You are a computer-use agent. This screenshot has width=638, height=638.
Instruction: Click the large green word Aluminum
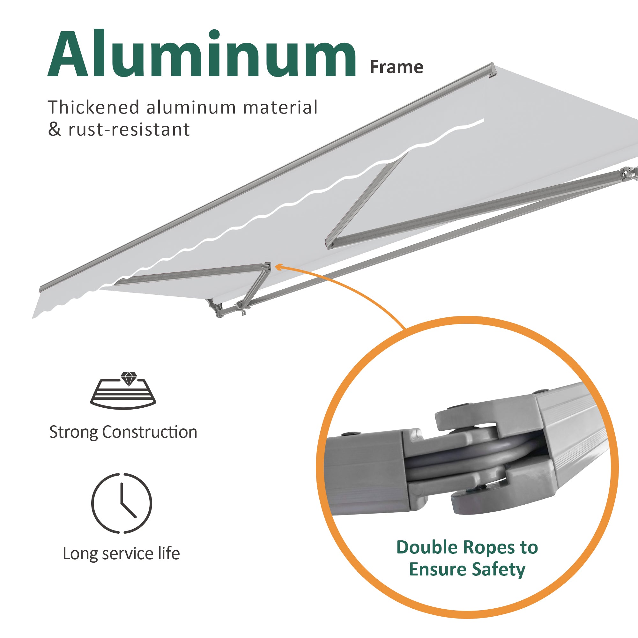click(x=201, y=55)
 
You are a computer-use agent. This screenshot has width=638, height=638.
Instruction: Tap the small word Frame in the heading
click(x=396, y=67)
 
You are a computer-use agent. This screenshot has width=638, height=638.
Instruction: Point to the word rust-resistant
click(x=129, y=130)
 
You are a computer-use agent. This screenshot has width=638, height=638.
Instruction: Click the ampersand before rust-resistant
click(x=55, y=130)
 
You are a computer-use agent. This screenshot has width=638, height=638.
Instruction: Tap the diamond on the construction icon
click(x=129, y=378)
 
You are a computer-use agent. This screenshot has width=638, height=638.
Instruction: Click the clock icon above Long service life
click(x=122, y=503)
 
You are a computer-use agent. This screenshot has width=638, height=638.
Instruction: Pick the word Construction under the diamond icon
click(x=150, y=432)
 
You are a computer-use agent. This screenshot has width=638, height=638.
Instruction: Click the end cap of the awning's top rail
click(x=492, y=70)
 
